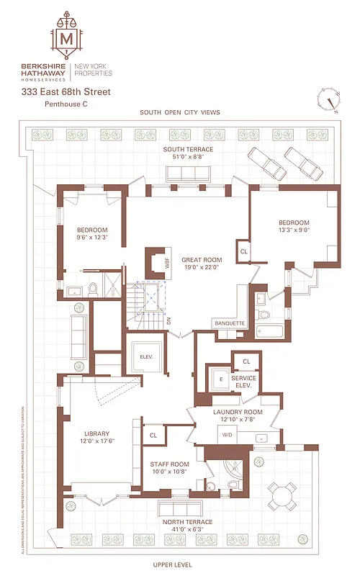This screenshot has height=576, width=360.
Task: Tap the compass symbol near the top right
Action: (x=329, y=100)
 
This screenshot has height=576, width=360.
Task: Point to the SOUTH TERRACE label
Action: (x=187, y=149)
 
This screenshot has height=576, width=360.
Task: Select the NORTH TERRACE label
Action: (x=186, y=521)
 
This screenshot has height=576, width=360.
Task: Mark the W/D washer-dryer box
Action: (x=228, y=435)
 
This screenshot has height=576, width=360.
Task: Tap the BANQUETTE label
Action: (x=230, y=323)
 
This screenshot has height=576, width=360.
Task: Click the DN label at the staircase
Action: (x=168, y=322)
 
